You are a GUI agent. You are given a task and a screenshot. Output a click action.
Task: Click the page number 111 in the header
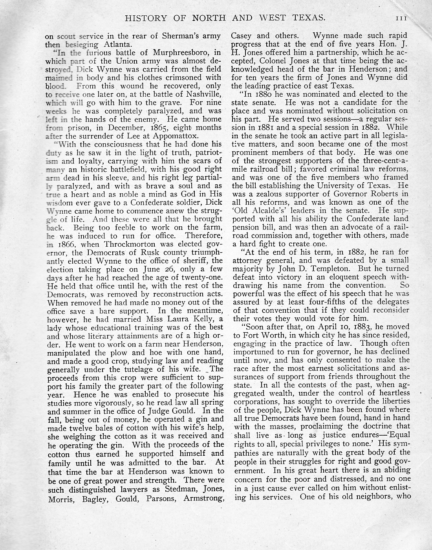coord(402,18)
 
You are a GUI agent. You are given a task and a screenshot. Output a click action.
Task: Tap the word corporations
coord(258,402)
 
